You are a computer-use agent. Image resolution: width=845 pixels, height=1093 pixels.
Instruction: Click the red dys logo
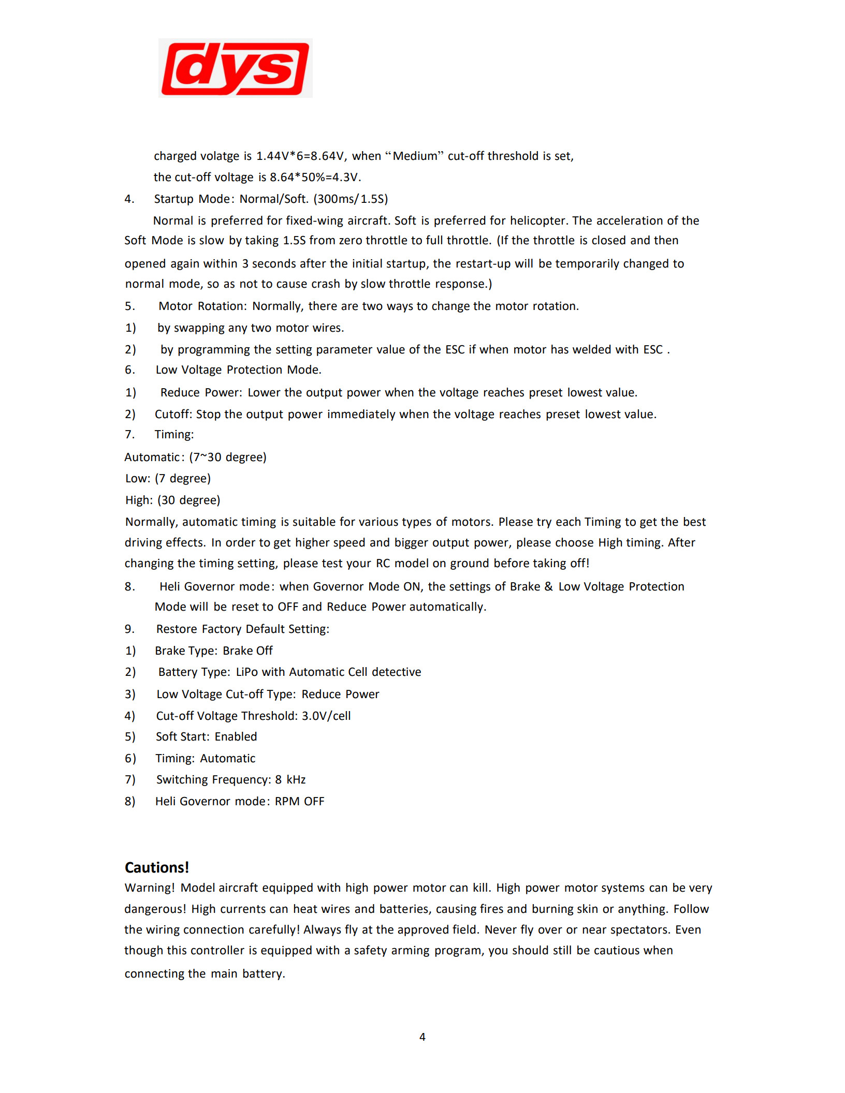click(236, 68)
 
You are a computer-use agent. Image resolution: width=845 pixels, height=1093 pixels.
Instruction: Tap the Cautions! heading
click(157, 867)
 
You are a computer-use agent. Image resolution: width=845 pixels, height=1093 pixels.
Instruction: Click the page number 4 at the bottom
click(423, 1037)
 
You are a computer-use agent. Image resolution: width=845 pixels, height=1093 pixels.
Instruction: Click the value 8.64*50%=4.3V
click(315, 178)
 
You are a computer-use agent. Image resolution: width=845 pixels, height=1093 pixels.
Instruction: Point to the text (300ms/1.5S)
click(351, 199)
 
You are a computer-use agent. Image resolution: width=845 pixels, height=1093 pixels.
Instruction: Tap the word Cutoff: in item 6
click(173, 415)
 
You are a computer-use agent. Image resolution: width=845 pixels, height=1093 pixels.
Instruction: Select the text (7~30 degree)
click(228, 457)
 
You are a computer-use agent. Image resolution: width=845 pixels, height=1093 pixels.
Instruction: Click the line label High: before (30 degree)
click(139, 500)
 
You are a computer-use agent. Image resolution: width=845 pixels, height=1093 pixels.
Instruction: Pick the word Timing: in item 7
click(174, 435)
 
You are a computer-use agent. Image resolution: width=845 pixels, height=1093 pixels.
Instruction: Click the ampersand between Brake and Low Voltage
click(549, 587)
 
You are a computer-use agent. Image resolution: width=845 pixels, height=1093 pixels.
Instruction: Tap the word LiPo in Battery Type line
click(246, 672)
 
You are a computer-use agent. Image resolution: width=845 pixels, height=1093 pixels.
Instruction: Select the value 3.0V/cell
click(326, 716)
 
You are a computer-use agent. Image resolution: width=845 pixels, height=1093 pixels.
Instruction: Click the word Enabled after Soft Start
click(236, 737)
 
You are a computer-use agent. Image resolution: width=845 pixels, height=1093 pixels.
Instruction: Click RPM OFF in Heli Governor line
click(299, 802)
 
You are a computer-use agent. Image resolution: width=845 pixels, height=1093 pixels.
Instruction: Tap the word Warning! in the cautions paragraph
click(150, 888)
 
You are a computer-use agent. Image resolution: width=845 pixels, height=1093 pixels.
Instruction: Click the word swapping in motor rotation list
click(199, 328)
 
